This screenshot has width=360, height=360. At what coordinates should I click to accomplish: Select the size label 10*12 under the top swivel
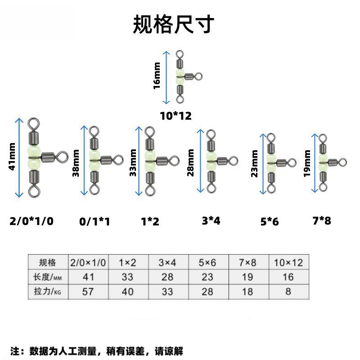pos(175,116)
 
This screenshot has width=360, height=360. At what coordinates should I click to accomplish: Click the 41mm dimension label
pos(12,157)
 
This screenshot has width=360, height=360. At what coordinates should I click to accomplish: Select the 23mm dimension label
pos(255,164)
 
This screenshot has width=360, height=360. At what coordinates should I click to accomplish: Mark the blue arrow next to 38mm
pos(83,160)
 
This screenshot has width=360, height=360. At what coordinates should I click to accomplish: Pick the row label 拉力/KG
pos(47,291)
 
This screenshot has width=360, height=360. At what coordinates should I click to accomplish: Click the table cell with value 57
pos(88,291)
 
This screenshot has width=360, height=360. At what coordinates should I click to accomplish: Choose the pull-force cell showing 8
pos(288,291)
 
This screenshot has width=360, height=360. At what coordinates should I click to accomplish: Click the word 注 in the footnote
pos(14,351)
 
